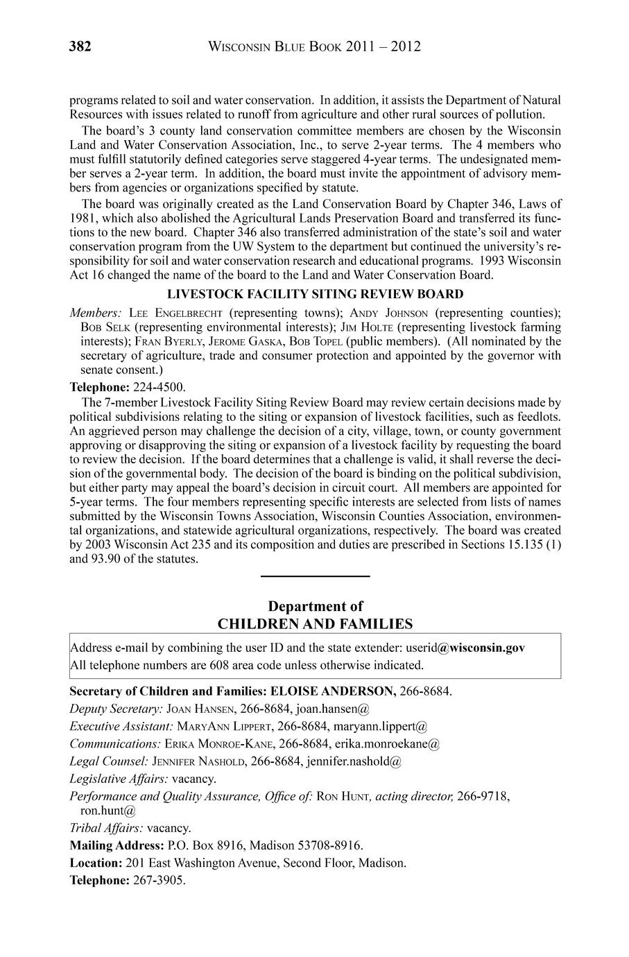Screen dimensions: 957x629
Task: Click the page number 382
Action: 80,47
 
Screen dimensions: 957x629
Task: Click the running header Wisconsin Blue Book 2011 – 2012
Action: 315,47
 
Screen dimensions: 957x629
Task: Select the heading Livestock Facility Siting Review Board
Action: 315,295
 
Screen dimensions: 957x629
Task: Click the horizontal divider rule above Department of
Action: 315,576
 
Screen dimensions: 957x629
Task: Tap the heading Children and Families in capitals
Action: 315,623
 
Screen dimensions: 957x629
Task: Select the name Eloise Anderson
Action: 333,691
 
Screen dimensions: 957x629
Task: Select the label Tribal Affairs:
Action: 107,827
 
